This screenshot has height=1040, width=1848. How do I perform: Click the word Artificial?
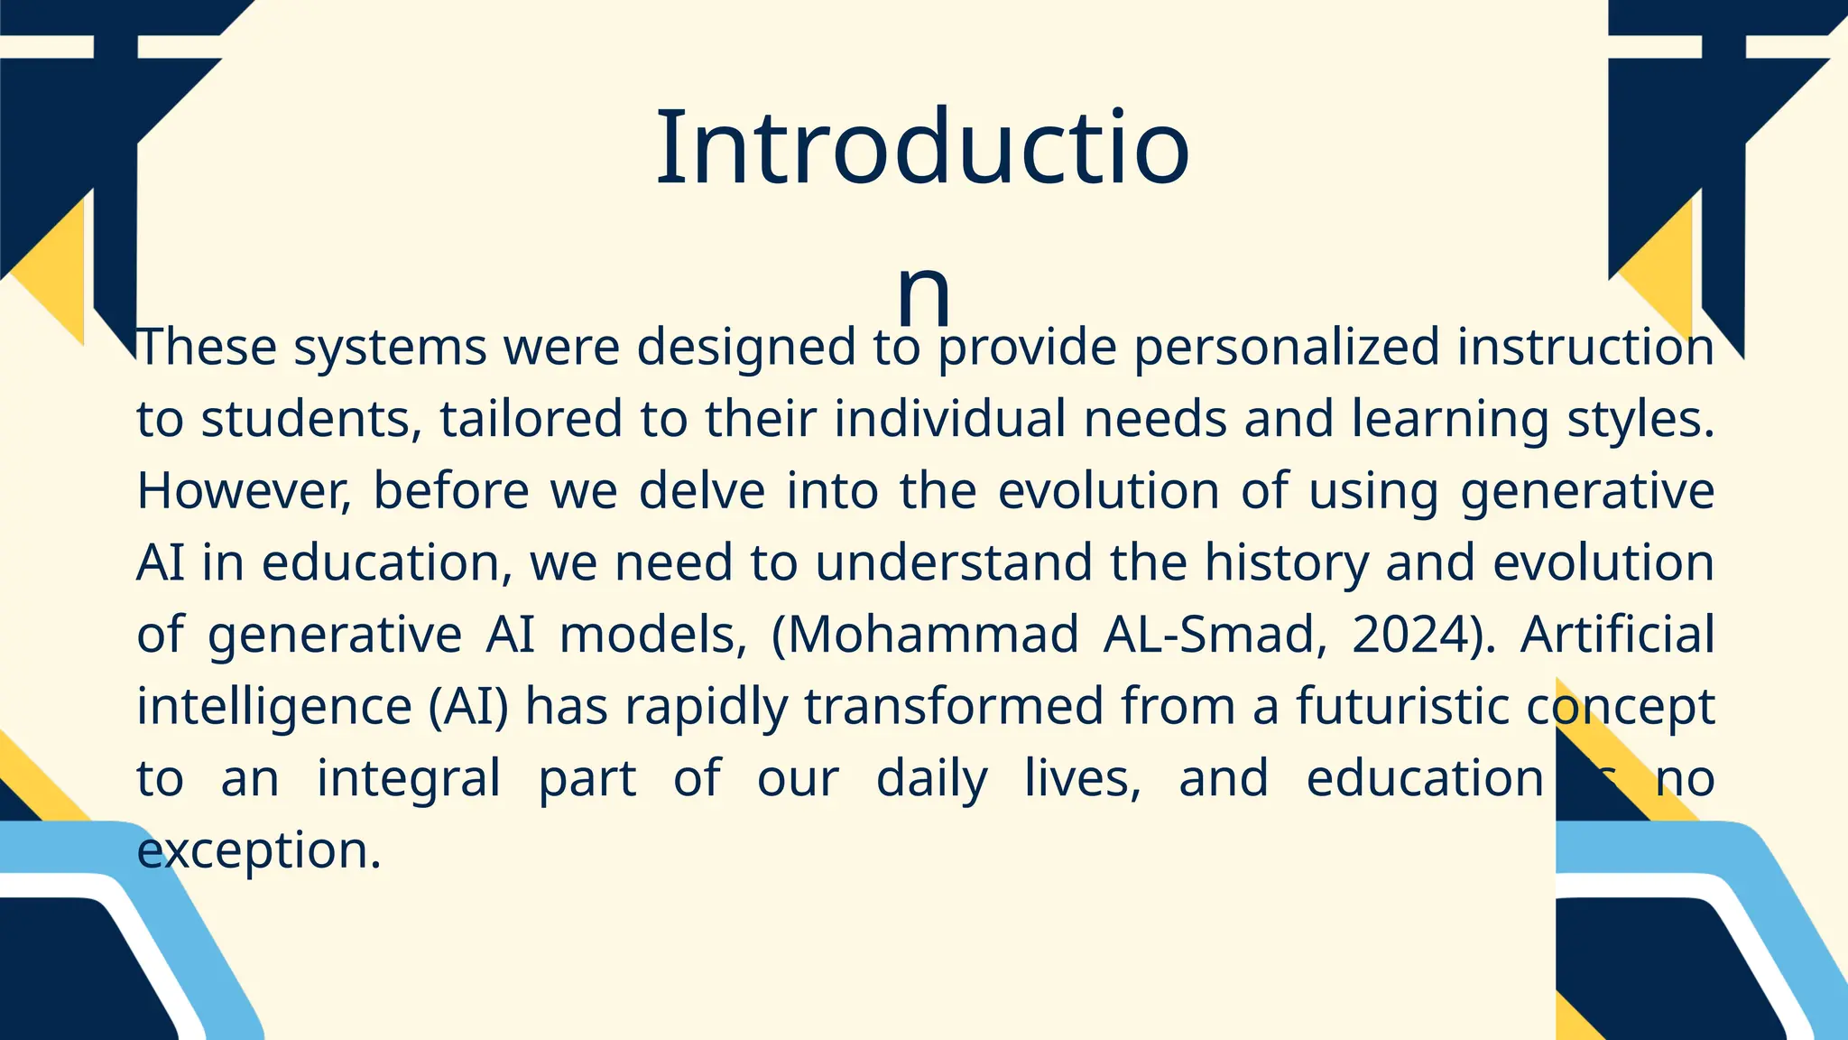pos(1617,634)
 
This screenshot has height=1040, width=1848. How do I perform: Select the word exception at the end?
pos(259,850)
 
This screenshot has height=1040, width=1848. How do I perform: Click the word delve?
pos(701,491)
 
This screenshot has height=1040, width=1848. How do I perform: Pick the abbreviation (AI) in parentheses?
pos(468,706)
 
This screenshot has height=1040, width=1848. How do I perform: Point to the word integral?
pos(408,778)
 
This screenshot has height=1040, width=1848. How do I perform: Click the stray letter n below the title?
pos(923,293)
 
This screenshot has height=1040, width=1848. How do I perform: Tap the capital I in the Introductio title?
pos(669,148)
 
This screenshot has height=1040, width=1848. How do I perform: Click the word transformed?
pos(954,706)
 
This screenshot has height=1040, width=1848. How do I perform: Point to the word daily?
pos(931,778)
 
